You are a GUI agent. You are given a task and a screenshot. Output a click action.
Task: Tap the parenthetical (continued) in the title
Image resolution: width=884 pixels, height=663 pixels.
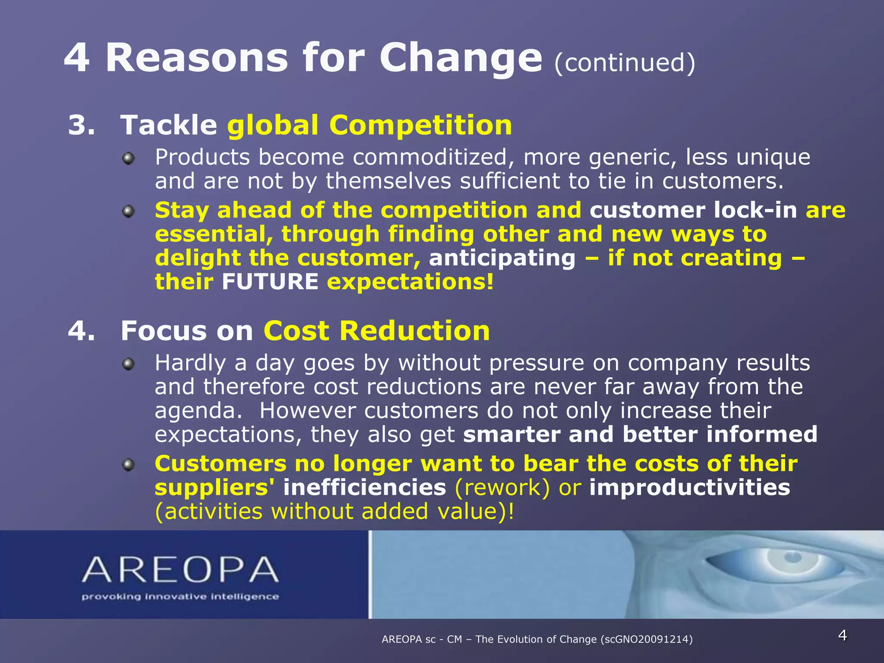click(x=624, y=63)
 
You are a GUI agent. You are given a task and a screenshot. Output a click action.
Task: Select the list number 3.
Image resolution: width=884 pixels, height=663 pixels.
click(x=81, y=125)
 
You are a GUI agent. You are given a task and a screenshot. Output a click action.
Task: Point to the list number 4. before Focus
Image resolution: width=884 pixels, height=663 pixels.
click(x=81, y=331)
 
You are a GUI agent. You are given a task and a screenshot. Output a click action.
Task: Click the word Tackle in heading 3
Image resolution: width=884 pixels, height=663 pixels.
click(x=169, y=125)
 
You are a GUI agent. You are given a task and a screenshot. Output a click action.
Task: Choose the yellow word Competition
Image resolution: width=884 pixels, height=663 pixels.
click(x=420, y=125)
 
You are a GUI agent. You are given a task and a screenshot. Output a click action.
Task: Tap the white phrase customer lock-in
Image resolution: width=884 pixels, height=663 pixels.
click(x=693, y=210)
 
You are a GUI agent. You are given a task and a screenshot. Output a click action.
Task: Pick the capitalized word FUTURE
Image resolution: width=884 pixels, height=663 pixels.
click(x=270, y=282)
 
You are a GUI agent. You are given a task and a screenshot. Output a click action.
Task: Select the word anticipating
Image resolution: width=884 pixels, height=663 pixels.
click(x=502, y=258)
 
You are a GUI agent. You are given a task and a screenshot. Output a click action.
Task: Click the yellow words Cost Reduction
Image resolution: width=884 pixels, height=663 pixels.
click(x=376, y=331)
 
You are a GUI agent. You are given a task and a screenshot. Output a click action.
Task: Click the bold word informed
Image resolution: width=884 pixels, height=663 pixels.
click(x=762, y=434)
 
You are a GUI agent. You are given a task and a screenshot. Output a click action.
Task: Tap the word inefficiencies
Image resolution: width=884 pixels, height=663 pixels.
click(x=364, y=488)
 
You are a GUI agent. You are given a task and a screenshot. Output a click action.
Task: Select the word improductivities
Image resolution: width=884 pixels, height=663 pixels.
click(x=689, y=488)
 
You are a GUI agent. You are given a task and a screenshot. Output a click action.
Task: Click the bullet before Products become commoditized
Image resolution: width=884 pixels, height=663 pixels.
click(x=128, y=159)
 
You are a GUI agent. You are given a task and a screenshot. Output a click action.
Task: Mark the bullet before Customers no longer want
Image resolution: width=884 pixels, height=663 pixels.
click(x=128, y=465)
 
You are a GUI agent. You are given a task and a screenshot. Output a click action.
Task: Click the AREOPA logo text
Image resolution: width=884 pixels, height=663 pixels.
click(x=180, y=570)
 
